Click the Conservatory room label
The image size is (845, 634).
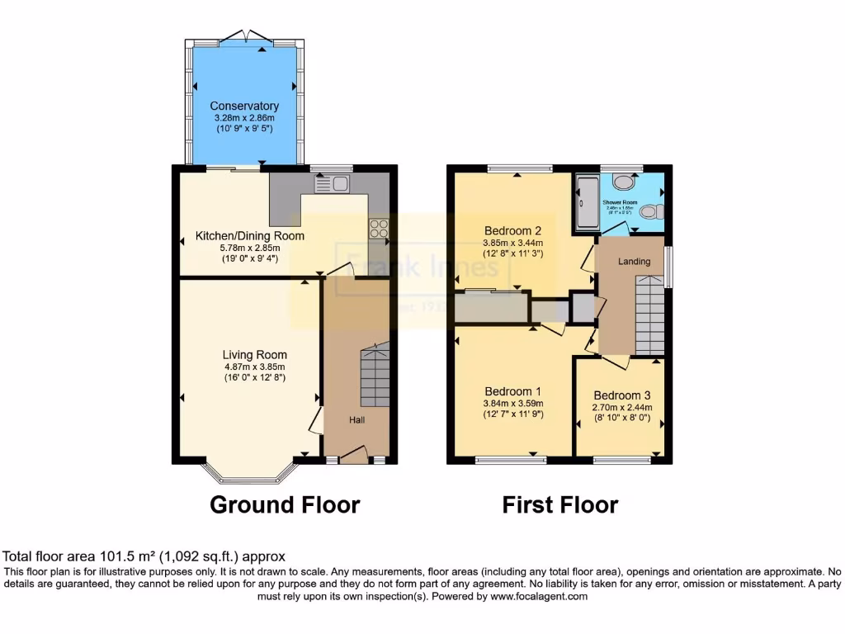click(x=243, y=106)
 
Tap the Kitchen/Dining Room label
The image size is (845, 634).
click(x=249, y=236)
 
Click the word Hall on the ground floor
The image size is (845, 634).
click(x=356, y=420)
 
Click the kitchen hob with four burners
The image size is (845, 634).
click(x=379, y=229)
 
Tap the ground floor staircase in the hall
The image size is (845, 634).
click(x=374, y=376)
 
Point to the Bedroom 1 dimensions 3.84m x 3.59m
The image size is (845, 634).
click(x=512, y=404)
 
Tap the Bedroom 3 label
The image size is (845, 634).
click(x=621, y=395)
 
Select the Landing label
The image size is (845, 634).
click(x=634, y=262)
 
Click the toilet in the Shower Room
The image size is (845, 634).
click(x=649, y=212)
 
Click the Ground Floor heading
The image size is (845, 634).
click(x=285, y=504)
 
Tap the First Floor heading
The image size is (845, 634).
click(x=559, y=504)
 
